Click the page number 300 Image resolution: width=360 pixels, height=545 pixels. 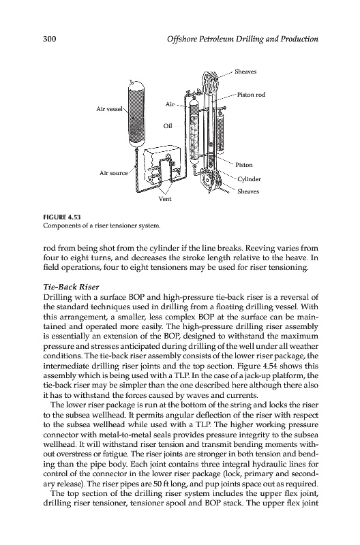point(49,39)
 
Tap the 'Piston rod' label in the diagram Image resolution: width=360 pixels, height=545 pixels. point(251,95)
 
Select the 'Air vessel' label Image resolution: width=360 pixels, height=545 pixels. point(109,109)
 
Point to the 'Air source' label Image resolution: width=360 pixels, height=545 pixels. point(114,173)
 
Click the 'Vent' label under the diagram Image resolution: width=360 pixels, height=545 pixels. point(165,199)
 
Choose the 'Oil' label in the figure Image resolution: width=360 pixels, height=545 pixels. point(168,126)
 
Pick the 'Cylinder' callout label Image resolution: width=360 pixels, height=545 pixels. point(249,179)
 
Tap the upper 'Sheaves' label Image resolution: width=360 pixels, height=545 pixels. point(245,72)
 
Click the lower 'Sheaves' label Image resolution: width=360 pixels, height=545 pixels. point(248,191)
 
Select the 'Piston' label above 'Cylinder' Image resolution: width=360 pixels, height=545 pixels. point(244,165)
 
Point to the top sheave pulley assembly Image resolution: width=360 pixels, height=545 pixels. point(210,80)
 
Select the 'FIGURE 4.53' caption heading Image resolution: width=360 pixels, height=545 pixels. point(61,217)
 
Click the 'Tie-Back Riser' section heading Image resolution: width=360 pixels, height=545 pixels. point(72,287)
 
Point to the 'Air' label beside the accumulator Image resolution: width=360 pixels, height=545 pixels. point(170,104)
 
